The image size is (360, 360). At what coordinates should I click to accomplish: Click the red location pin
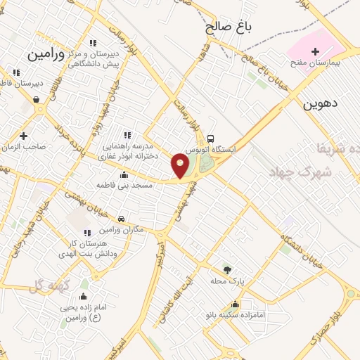[180, 165]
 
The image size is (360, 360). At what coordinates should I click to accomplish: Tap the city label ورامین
[46, 53]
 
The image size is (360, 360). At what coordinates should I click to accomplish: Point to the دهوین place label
[321, 104]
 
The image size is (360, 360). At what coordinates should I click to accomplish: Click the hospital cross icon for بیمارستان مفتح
[315, 51]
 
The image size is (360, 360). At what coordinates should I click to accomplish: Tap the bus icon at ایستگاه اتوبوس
[212, 139]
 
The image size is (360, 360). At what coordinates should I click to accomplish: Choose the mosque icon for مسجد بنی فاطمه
[124, 175]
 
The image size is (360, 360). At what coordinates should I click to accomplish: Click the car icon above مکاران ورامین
[122, 219]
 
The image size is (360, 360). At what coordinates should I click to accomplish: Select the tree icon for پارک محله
[226, 270]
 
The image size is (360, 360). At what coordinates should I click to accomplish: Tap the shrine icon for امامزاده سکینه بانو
[236, 304]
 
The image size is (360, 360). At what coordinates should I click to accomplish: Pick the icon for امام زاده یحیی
[84, 297]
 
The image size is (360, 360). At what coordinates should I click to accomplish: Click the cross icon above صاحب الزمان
[24, 136]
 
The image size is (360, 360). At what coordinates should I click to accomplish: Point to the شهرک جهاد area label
[295, 172]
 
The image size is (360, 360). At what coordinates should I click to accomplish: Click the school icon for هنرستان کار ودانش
[87, 233]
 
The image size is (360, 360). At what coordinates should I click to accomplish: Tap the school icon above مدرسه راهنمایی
[127, 136]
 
